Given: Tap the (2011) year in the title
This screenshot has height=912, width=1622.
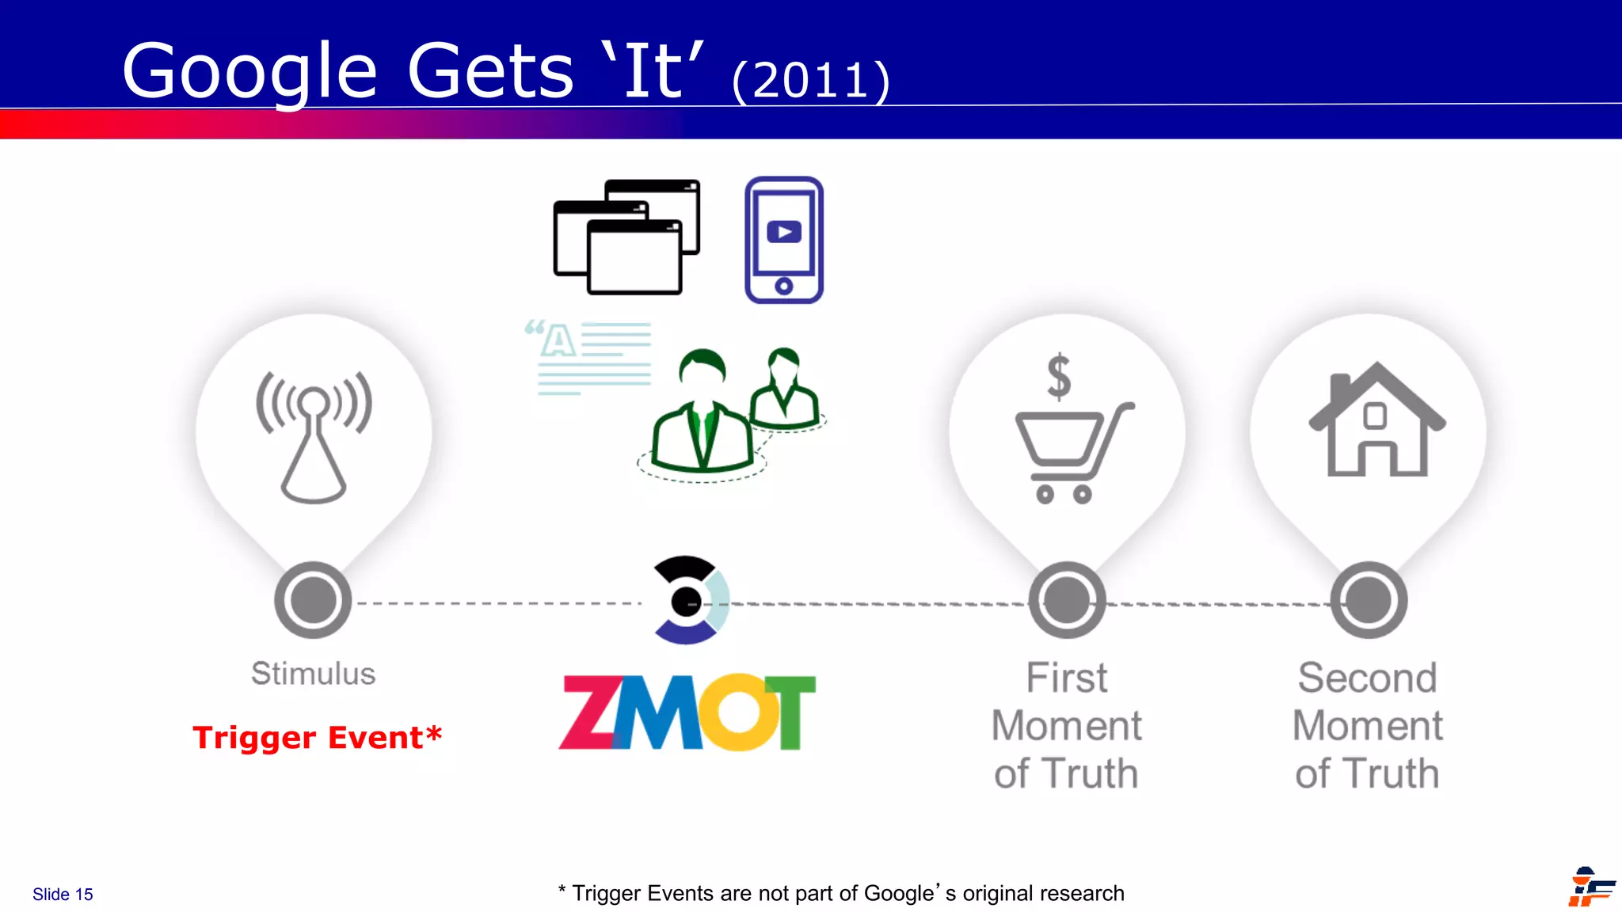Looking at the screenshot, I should tap(811, 81).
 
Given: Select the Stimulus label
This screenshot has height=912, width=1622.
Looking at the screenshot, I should tap(314, 674).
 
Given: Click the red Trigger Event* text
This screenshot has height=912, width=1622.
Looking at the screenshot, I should tap(317, 738).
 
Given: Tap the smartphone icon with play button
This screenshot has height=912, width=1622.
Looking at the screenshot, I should tap(784, 240).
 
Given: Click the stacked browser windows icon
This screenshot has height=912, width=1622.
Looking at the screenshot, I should tap(626, 237).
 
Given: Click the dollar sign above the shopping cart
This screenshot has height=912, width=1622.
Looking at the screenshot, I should tap(1059, 377).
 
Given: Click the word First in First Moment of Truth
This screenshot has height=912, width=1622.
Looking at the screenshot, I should tap(1067, 678).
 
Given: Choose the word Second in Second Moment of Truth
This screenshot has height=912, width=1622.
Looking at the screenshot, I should tap(1368, 678).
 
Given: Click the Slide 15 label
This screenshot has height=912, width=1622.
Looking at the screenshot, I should tap(63, 895).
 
